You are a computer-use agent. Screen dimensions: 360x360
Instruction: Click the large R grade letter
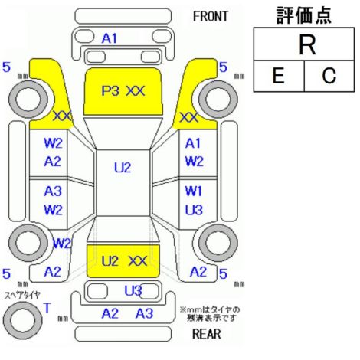[x=307, y=45]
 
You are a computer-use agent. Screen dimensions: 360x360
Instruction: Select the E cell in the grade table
[x=279, y=76]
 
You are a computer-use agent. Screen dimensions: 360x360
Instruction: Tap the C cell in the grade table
[x=329, y=76]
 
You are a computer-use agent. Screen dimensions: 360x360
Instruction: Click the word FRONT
[x=211, y=17]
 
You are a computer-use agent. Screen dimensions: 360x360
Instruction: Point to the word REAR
[x=207, y=333]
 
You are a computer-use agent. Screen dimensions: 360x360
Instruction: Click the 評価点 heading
[x=304, y=15]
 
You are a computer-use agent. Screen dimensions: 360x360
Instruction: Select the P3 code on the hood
[x=110, y=90]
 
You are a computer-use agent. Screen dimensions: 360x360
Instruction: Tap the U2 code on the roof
[x=123, y=168]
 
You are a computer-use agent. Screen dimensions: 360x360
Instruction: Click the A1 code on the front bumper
[x=110, y=38]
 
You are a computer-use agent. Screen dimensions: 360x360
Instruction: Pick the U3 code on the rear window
[x=133, y=290]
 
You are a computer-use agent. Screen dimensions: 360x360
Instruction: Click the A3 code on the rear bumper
[x=144, y=313]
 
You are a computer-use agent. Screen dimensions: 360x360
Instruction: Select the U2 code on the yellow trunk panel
[x=110, y=261]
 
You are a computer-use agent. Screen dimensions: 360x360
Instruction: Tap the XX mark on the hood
[x=136, y=90]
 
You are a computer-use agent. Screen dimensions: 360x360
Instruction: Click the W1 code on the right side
[x=193, y=191]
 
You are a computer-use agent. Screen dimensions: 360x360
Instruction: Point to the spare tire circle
[x=22, y=320]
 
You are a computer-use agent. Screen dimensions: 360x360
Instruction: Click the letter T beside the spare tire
[x=47, y=308]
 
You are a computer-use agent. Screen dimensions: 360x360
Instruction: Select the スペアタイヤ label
[x=22, y=296]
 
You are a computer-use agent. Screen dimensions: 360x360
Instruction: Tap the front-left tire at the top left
[x=28, y=99]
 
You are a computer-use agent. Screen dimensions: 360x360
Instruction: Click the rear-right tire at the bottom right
[x=218, y=243]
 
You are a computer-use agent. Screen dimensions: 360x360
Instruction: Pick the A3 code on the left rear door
[x=53, y=191]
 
